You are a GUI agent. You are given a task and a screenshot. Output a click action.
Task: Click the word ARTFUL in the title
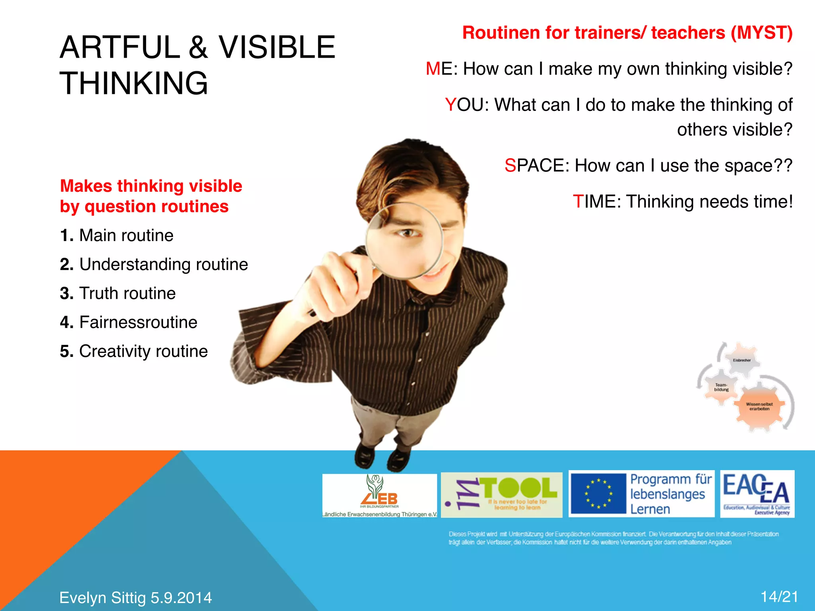(120, 47)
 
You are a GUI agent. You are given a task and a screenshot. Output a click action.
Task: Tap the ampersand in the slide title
(199, 47)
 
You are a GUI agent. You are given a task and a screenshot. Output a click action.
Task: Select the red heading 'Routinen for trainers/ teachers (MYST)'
(627, 33)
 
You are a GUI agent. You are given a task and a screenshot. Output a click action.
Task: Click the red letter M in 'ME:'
(433, 69)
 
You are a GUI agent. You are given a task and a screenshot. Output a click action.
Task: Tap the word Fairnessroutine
(138, 322)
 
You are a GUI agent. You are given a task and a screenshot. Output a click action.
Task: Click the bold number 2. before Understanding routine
(67, 265)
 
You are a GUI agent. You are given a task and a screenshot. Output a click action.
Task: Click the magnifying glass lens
(404, 240)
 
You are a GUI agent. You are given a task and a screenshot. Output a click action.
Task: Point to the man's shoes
(382, 457)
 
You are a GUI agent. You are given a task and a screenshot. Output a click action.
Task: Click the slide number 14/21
(779, 597)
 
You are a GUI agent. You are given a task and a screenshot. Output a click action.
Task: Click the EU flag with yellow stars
(598, 494)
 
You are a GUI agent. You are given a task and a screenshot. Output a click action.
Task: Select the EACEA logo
(757, 494)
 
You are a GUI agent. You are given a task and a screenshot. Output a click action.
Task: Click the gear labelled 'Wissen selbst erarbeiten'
(759, 407)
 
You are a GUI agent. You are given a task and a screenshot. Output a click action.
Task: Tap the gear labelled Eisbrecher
(741, 360)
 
